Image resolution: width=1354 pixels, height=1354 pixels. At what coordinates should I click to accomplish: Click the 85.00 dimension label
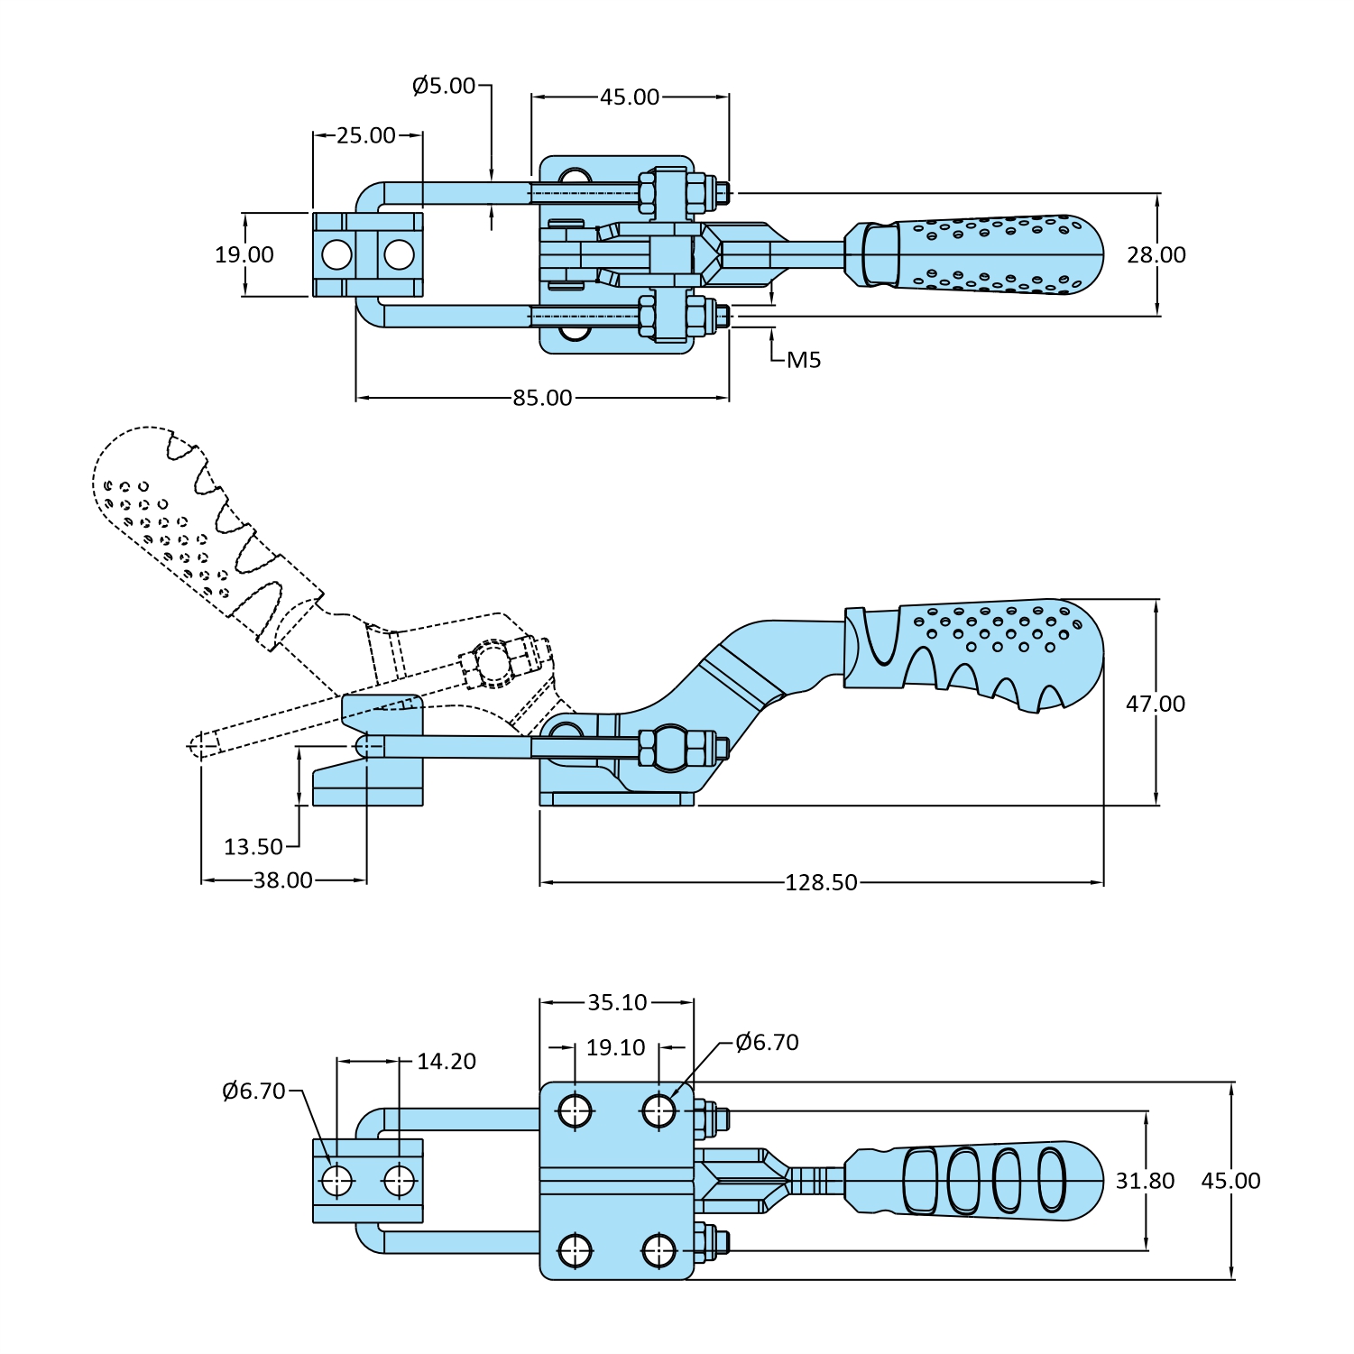(x=542, y=398)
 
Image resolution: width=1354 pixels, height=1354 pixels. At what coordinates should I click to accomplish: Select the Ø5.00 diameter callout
(x=444, y=86)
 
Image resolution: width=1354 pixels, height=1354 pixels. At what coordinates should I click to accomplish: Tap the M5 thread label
(x=804, y=360)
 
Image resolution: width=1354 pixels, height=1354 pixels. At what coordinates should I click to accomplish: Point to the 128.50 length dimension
(x=821, y=882)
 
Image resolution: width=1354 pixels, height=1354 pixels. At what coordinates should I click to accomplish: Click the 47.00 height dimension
(x=1155, y=704)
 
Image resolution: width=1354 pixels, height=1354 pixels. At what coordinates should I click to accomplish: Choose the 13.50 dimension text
(x=253, y=847)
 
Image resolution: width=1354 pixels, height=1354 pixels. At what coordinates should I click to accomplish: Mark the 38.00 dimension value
(x=282, y=880)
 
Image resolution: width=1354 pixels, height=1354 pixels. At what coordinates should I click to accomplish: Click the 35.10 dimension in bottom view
(x=617, y=1002)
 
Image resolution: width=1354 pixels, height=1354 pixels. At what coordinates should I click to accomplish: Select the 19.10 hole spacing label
(x=616, y=1047)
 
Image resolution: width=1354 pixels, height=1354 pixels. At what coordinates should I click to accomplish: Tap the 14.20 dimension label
(x=447, y=1062)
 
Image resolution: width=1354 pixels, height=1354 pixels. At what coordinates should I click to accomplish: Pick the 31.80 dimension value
(x=1145, y=1181)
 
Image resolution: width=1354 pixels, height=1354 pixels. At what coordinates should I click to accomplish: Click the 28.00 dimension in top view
(x=1156, y=255)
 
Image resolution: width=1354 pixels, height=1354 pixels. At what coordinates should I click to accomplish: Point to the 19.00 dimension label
(x=244, y=255)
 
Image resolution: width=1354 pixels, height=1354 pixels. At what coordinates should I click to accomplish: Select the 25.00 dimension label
(x=366, y=135)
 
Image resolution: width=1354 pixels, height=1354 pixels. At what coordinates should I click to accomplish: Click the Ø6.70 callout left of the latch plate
(x=253, y=1091)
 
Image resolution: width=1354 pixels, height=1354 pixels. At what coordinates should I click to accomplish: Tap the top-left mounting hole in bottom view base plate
(x=576, y=1110)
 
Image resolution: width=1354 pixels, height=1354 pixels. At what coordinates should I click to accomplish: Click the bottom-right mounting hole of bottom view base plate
(x=659, y=1251)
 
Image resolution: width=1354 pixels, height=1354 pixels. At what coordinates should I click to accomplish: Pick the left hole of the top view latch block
(x=336, y=255)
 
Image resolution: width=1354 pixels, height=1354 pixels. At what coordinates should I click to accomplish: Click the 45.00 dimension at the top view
(x=630, y=97)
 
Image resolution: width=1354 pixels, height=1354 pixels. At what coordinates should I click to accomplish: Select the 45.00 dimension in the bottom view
(x=1230, y=1181)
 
